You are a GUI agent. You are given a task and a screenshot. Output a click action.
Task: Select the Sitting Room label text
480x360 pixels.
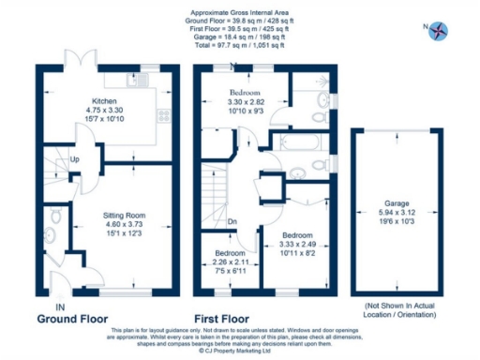pos(123,215)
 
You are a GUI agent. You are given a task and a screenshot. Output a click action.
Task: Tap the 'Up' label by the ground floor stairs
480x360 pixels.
pos(74,159)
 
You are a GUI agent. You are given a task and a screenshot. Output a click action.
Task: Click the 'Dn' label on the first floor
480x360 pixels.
pos(232,222)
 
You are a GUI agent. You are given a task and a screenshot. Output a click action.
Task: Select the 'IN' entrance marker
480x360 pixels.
pos(60,307)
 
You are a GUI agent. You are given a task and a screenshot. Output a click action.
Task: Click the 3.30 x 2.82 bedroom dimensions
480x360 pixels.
pos(246,102)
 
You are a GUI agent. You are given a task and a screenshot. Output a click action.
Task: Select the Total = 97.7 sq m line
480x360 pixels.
pos(239,44)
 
